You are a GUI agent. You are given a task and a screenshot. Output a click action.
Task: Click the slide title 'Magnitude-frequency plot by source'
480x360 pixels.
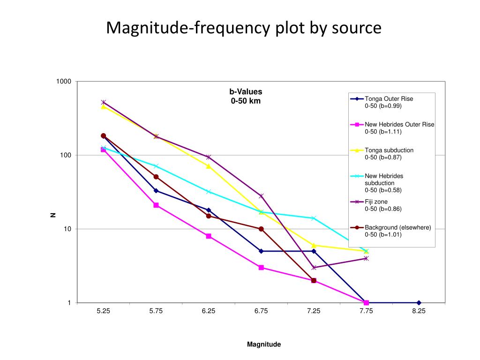[244, 28]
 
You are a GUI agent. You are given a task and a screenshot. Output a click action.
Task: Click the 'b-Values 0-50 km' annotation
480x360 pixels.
[246, 96]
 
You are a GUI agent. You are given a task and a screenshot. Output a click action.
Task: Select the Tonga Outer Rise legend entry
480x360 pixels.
[389, 102]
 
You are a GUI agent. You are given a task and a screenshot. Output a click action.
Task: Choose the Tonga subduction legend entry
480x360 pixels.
[389, 153]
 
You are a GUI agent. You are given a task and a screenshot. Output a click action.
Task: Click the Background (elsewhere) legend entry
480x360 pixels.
[397, 231]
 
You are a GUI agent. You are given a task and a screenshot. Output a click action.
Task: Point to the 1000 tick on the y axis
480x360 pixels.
[63, 82]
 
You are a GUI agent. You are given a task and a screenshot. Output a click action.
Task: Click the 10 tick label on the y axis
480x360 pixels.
[67, 229]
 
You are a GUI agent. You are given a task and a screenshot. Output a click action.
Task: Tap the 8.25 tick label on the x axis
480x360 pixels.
[419, 312]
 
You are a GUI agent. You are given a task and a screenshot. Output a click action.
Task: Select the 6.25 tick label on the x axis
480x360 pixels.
[209, 312]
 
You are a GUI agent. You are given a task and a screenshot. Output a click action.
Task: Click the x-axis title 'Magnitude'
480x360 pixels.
[264, 345]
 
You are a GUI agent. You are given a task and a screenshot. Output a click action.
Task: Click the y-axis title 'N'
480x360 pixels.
[53, 215]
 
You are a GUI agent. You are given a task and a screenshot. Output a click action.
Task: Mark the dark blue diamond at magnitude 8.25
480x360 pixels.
[419, 303]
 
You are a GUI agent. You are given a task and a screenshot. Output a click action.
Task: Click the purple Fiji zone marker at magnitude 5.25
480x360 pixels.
[104, 102]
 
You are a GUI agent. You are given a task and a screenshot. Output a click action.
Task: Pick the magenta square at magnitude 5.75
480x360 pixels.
[156, 205]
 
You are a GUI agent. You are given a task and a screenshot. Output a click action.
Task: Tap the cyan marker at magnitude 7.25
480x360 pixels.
[314, 218]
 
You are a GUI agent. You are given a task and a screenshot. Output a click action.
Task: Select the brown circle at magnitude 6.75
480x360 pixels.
[261, 229]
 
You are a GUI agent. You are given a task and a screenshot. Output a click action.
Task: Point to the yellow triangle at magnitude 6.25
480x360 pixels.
[209, 166]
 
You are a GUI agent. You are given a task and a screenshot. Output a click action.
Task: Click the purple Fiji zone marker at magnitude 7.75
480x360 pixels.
[366, 258]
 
